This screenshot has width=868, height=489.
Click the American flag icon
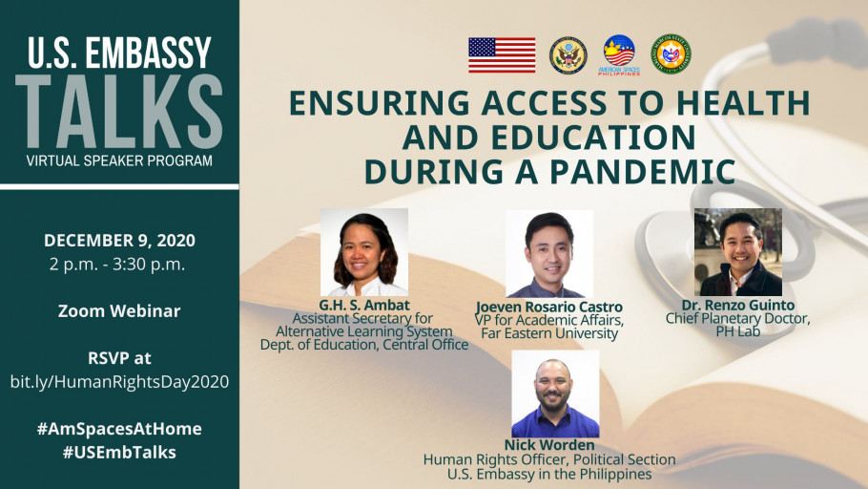(x=502, y=54)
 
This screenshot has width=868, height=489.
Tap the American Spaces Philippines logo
(x=619, y=54)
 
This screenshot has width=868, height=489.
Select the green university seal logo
(x=671, y=53)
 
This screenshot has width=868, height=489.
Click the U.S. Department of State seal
(x=568, y=55)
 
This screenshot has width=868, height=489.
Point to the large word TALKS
(x=119, y=112)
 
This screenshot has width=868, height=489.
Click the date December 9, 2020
(x=119, y=240)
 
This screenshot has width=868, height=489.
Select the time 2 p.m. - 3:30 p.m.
(x=117, y=264)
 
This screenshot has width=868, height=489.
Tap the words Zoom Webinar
(x=119, y=310)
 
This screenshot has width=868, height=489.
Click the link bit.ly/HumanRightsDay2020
(x=119, y=381)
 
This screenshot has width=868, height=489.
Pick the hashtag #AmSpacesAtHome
(x=119, y=429)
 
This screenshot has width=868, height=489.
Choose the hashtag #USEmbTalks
(x=119, y=452)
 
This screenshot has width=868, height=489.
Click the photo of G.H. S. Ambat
(x=364, y=252)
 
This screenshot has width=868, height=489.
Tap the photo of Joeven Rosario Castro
(x=549, y=253)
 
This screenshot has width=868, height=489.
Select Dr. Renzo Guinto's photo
(x=738, y=252)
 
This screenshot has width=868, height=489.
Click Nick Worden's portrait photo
(x=555, y=393)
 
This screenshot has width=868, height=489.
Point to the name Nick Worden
(x=549, y=445)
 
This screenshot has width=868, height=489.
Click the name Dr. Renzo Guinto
(x=738, y=305)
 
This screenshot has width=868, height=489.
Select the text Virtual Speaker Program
(x=119, y=160)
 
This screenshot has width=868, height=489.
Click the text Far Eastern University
(x=549, y=333)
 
